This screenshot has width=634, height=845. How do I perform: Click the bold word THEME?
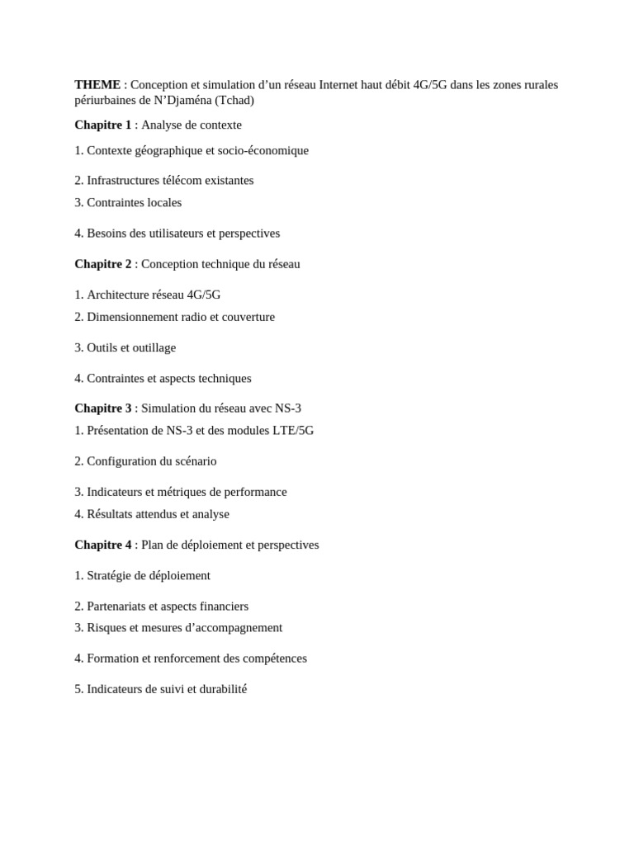click(x=97, y=84)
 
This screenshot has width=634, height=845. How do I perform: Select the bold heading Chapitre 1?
click(x=102, y=125)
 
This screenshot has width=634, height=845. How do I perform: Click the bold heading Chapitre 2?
click(x=102, y=264)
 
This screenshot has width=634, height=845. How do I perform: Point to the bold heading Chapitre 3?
click(x=102, y=408)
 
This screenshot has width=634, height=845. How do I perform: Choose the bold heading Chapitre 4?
click(x=102, y=545)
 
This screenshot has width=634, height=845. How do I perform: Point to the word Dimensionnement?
click(x=133, y=317)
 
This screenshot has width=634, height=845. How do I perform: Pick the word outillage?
click(x=153, y=348)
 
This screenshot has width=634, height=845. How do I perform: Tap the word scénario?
click(x=194, y=461)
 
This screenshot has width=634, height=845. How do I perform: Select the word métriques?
click(x=182, y=492)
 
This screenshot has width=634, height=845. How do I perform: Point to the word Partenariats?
click(x=118, y=607)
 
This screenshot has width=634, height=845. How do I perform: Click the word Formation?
click(x=113, y=659)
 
